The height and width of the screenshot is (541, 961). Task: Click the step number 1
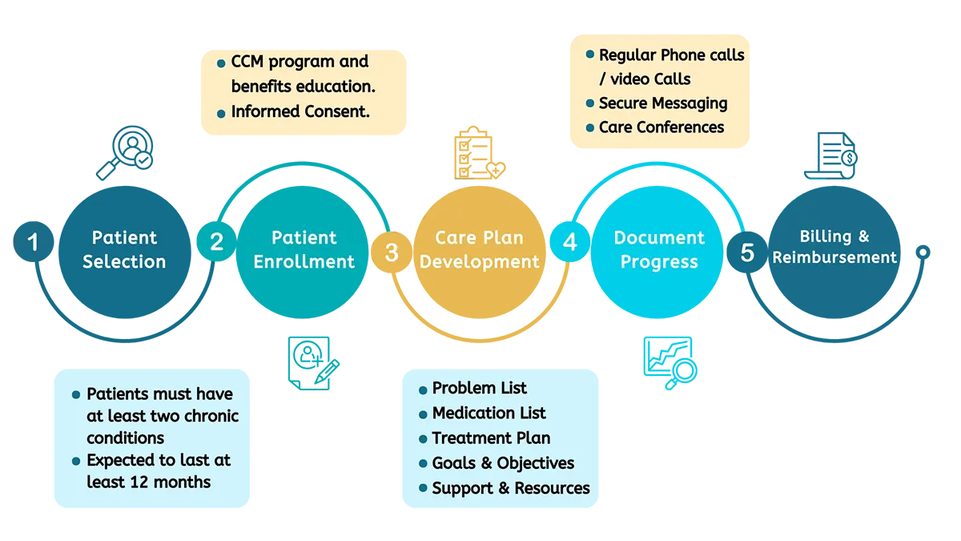tap(33, 241)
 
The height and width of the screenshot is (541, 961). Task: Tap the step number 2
tap(216, 242)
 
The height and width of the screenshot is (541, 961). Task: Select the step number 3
tap(391, 252)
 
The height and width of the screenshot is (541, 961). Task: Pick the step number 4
tap(569, 242)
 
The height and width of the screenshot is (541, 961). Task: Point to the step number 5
tap(746, 253)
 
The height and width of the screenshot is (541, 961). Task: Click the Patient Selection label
tap(124, 249)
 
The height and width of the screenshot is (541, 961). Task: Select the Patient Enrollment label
tap(304, 249)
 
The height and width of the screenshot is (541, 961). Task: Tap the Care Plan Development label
tap(479, 249)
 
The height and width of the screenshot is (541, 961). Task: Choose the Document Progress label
tap(659, 249)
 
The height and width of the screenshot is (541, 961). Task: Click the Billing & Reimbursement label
tap(834, 247)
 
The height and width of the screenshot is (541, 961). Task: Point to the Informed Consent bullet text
tap(300, 111)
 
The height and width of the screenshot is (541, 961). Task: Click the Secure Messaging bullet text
tap(663, 103)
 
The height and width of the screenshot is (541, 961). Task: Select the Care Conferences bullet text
tap(661, 127)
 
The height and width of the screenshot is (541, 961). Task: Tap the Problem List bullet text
tap(480, 389)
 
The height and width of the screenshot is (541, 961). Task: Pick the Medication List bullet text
tap(489, 414)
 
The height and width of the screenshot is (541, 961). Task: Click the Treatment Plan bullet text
tap(491, 438)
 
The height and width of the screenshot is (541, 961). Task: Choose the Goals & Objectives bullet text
tap(503, 463)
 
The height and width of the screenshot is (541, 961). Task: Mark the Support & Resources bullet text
tap(511, 488)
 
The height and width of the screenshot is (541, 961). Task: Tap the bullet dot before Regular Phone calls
tap(590, 55)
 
